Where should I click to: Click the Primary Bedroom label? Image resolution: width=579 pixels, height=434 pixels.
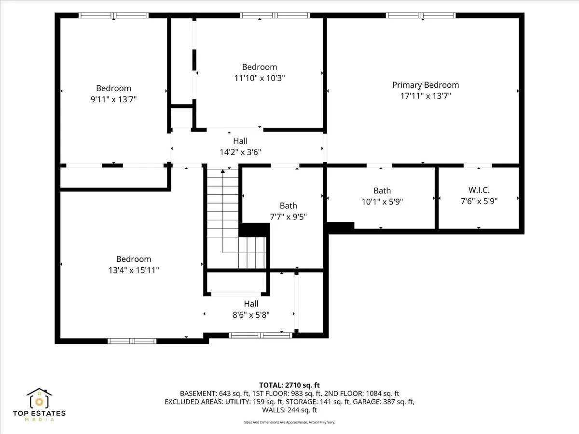coord(426,85)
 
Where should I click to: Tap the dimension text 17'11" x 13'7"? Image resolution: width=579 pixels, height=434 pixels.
coord(426,96)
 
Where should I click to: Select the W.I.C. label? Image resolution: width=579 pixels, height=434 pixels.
coord(479,190)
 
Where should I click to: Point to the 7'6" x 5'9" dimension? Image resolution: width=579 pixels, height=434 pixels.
coord(479,201)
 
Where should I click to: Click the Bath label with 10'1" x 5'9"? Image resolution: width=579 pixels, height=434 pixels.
coord(382,190)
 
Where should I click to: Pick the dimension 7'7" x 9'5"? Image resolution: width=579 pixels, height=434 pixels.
coord(289,217)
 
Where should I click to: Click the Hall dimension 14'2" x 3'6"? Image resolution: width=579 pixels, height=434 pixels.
coord(240,152)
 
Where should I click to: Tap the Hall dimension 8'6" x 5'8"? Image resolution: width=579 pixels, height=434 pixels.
coord(251,315)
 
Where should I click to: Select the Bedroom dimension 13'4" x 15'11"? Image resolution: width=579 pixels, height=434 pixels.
coord(134,270)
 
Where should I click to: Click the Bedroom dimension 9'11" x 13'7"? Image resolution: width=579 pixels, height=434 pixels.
coord(113,99)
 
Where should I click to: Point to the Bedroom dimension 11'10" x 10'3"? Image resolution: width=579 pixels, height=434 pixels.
coord(260,78)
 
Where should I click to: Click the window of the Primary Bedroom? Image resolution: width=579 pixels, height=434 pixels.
coord(421,15)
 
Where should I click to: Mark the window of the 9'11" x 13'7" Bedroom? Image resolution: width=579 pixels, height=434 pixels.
coord(113,15)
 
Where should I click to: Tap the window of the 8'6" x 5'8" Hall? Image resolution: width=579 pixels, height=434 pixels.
coord(261,336)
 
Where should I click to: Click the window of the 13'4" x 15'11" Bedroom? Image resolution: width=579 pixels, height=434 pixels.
coord(132,341)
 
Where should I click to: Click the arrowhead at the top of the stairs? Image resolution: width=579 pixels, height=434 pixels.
coord(223,171)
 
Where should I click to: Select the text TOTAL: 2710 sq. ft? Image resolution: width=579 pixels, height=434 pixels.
coord(289,385)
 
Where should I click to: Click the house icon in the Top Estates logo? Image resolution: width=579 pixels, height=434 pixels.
coord(39,398)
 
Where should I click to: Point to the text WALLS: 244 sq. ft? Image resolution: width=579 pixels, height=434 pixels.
coord(289,410)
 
